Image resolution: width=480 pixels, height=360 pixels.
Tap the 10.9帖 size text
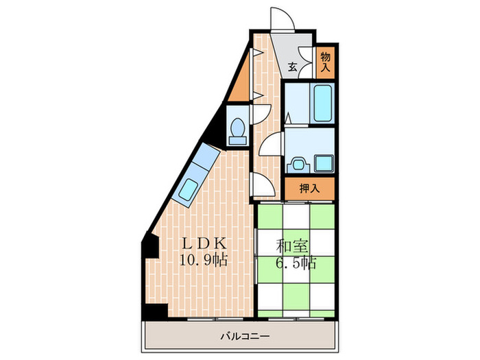[x=204, y=261]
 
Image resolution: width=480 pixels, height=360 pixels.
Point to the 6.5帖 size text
[x=298, y=262]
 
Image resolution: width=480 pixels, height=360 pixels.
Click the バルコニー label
[x=245, y=337]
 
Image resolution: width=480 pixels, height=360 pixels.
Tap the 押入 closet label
[x=309, y=188]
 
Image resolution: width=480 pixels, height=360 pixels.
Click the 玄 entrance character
[x=293, y=67]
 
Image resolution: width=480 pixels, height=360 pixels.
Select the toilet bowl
[x=237, y=129]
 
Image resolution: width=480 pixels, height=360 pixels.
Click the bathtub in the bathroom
[x=322, y=104]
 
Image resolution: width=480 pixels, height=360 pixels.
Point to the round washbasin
[x=296, y=164]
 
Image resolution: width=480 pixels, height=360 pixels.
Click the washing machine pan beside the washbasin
[x=322, y=163]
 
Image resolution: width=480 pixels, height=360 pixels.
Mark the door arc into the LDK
[x=263, y=184]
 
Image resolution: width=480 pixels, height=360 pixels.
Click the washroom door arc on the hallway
[x=271, y=145]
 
